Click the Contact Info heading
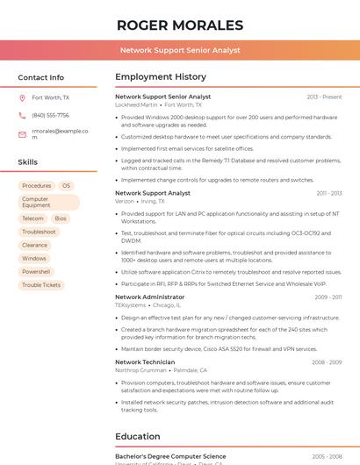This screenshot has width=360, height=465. point(41,77)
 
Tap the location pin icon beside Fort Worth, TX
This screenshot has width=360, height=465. point(22,98)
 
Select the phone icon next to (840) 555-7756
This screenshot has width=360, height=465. point(22,115)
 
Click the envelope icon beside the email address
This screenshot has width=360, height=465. point(22,134)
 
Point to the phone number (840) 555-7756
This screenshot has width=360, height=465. point(50,115)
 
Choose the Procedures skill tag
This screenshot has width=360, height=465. point(37,186)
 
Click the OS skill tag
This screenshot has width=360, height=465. point(66,186)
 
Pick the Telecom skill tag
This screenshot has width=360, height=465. point(32,218)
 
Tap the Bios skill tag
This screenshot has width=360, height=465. point(61,218)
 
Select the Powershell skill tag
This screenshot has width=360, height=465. point(36,272)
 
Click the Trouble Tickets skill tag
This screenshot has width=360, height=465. point(41,285)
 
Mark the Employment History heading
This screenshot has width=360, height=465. point(161,77)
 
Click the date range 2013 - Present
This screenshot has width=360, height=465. point(324,97)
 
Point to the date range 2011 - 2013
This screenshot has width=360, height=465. point(329,193)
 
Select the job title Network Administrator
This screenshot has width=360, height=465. point(150,297)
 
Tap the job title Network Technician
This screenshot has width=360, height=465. point(145,361)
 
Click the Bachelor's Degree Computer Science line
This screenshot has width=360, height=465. point(170,456)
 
